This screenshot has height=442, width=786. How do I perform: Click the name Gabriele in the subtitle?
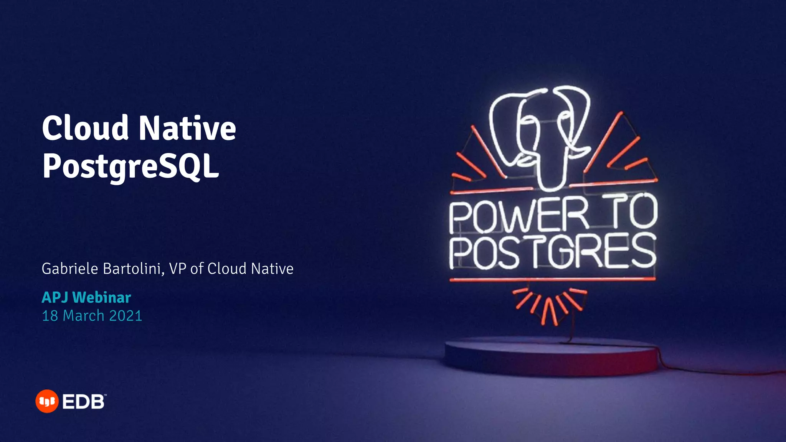70,269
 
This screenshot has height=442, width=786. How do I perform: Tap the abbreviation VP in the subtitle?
177,269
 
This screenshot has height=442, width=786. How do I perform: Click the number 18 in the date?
50,316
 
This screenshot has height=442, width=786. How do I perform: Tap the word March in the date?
84,316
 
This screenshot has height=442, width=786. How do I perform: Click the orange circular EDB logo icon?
47,401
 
